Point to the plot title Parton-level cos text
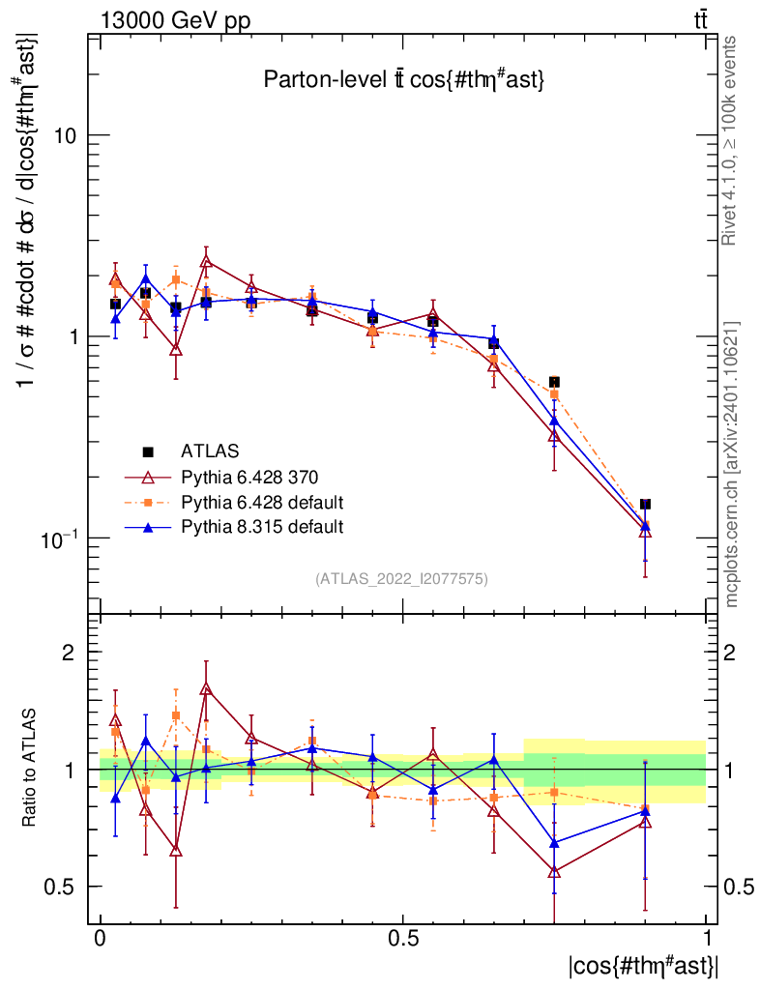[405, 81]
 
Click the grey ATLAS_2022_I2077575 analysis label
[401, 579]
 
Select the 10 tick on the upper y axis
[65, 135]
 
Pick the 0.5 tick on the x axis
[402, 939]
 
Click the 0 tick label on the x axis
[101, 939]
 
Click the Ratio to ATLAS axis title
[30, 769]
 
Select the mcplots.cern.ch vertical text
[732, 464]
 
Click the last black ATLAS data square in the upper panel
[645, 504]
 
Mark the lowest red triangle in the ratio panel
[554, 872]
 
